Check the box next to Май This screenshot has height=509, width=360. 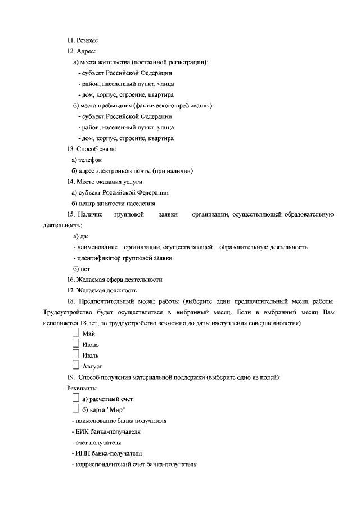click(76, 334)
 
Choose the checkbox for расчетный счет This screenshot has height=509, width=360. click(76, 398)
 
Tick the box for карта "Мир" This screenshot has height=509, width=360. click(76, 408)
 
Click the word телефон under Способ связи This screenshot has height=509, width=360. click(90, 160)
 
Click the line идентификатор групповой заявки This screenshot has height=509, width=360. click(123, 258)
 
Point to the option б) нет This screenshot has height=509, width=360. click(82, 268)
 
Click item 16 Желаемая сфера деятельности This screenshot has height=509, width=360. click(115, 279)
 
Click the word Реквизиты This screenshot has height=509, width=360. click(82, 388)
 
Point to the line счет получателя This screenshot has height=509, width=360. click(97, 442)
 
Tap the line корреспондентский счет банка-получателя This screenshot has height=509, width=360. click(134, 464)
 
